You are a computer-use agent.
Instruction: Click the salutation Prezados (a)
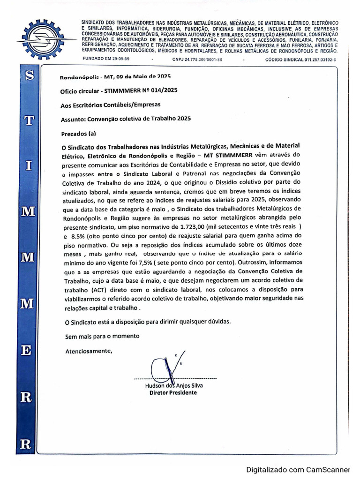78,134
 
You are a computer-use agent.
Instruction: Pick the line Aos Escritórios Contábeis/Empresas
111,105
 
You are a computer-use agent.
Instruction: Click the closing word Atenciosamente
89,351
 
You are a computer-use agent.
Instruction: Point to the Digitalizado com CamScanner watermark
299,469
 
